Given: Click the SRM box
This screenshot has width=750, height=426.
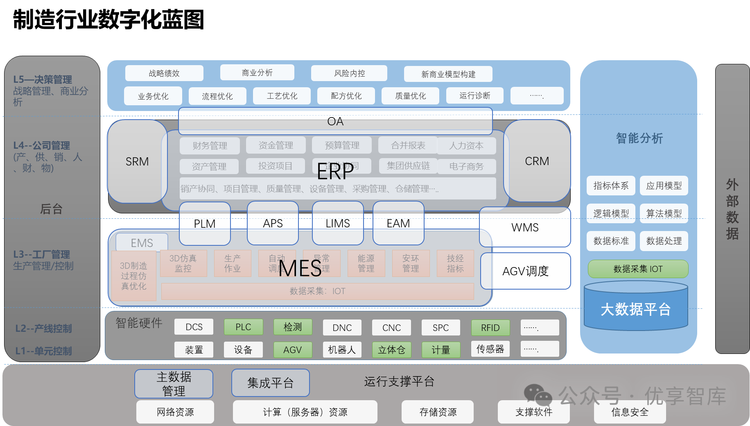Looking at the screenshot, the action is [x=137, y=161].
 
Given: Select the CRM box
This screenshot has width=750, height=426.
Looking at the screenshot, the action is [x=537, y=161].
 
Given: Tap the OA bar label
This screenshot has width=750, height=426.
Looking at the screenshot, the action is [x=335, y=121].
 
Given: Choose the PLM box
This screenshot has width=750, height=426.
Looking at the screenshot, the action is [x=205, y=224].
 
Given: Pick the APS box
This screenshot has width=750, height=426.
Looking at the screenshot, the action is [x=273, y=223].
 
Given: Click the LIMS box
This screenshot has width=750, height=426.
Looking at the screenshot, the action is [x=338, y=223].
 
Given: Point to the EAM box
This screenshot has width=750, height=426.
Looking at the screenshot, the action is [x=398, y=223].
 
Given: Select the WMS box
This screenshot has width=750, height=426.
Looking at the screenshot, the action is [x=525, y=227].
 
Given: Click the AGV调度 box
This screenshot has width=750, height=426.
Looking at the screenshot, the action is [x=525, y=271].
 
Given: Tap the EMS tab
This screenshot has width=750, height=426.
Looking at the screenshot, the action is [x=142, y=243].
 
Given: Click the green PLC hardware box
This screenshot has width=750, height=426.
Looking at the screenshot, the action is [x=243, y=327].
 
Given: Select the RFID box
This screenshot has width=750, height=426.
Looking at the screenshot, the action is [x=490, y=328].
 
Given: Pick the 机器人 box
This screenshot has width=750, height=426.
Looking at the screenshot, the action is [x=342, y=350].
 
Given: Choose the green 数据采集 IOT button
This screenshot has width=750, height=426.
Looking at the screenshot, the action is [x=638, y=269].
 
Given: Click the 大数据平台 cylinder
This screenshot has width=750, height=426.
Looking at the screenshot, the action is [x=636, y=309].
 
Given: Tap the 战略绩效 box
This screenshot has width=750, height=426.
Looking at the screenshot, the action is [x=164, y=73].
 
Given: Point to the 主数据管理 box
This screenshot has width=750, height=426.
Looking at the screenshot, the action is [x=174, y=384].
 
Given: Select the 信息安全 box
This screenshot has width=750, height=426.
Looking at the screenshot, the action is [x=630, y=412].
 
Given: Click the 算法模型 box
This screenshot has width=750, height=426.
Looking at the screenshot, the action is [x=664, y=213].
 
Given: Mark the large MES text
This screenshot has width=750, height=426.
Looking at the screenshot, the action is [x=300, y=269].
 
